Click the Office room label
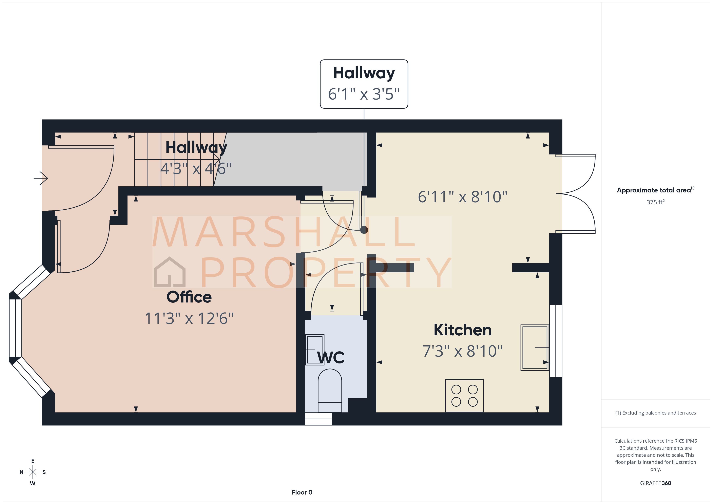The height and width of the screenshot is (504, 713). (189, 297)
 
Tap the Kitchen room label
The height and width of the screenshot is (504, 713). (462, 330)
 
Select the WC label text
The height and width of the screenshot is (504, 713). (331, 358)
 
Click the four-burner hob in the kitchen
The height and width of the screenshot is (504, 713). (464, 396)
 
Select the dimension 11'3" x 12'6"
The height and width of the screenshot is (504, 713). (189, 318)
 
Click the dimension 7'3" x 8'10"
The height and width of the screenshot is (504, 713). (462, 351)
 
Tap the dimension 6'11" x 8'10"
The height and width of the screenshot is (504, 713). (462, 197)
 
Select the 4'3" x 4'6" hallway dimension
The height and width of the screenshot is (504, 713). (196, 169)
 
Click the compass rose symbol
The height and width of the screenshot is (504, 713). (33, 472)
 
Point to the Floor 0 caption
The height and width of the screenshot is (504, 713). (302, 492)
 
